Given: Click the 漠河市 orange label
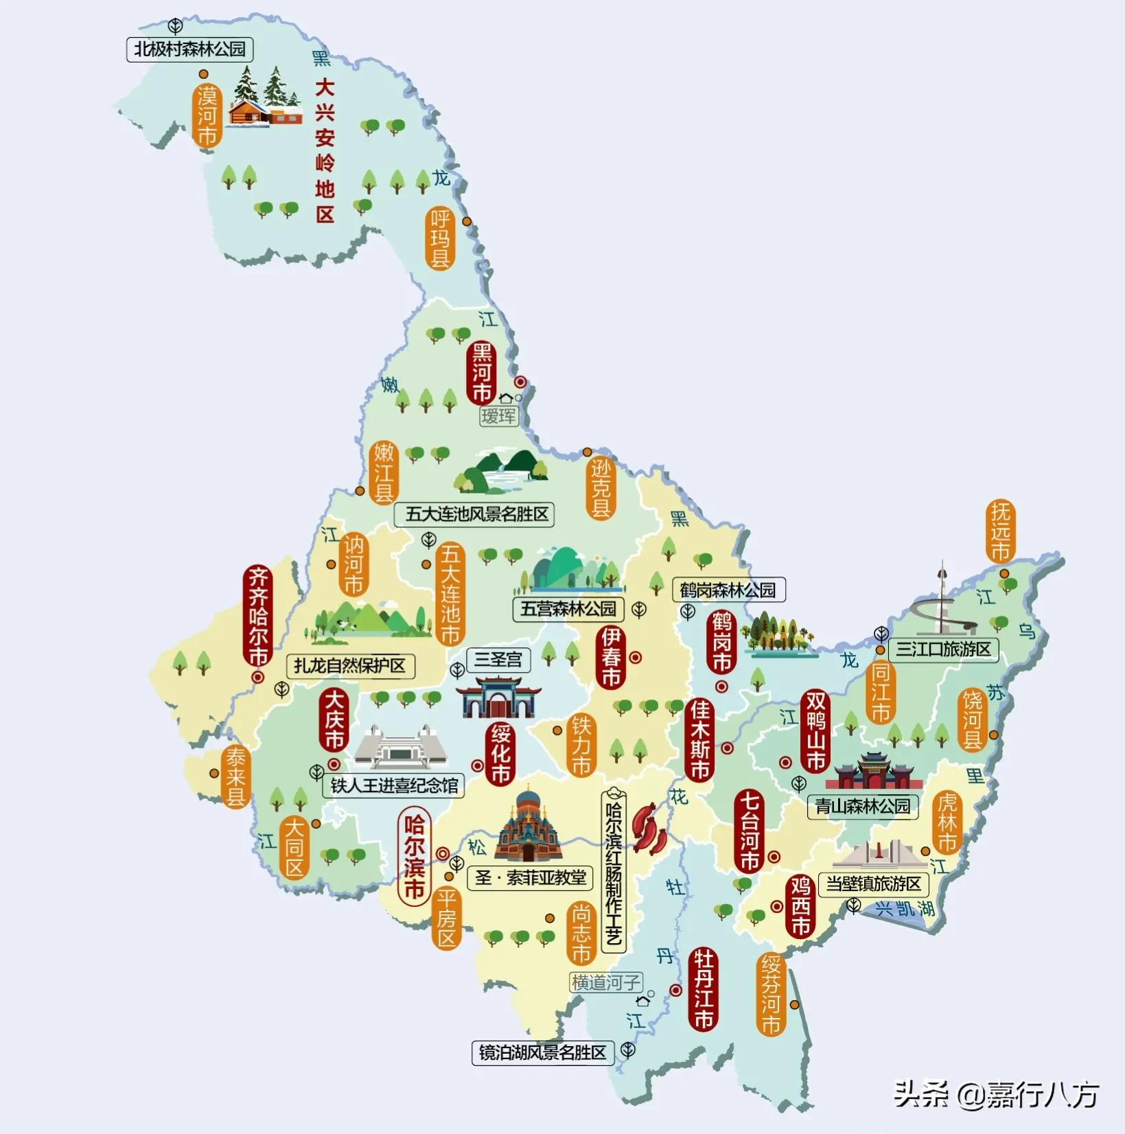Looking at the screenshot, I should click(x=207, y=116).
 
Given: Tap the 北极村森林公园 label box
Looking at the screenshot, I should click(x=189, y=49).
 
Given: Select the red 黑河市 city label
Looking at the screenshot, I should click(x=481, y=373).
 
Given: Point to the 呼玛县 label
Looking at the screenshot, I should click(x=440, y=238).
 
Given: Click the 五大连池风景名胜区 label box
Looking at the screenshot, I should click(x=475, y=514).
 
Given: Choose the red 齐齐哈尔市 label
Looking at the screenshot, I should click(x=257, y=616).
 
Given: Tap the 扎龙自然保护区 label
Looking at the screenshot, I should click(x=350, y=666).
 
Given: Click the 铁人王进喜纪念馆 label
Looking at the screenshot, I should click(x=394, y=785).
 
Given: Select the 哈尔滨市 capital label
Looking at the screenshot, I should click(x=414, y=856).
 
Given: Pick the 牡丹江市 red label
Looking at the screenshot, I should click(x=703, y=989).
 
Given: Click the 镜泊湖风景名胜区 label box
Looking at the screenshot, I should click(x=542, y=1052).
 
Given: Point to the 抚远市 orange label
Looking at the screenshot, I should click(x=1000, y=531).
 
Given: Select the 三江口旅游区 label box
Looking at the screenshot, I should click(x=943, y=649).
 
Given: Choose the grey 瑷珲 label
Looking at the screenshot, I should click(x=498, y=416).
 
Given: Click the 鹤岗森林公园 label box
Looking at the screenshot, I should click(x=728, y=590).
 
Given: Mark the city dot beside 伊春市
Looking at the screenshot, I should click(x=636, y=658).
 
